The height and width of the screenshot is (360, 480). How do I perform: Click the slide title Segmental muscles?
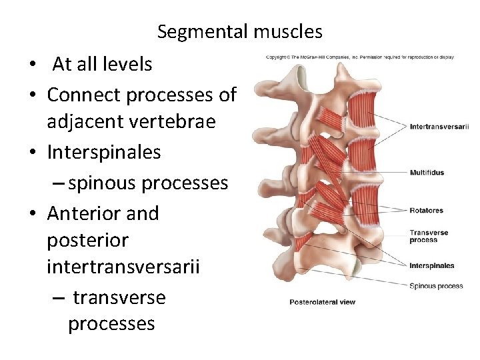(239, 31)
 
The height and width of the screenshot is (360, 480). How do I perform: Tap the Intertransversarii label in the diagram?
(439, 126)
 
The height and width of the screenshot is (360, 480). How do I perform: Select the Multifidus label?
(427, 173)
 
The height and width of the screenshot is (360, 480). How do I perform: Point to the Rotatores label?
(426, 211)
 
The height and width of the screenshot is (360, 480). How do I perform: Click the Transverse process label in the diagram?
(429, 237)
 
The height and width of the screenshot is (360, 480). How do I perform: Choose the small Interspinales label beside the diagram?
(431, 265)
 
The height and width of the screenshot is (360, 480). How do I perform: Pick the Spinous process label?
(436, 286)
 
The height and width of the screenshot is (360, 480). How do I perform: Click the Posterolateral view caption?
(322, 302)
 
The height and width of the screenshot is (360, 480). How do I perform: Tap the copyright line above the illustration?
(359, 57)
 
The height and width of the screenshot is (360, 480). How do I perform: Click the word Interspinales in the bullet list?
(103, 153)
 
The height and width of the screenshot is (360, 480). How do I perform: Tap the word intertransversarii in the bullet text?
(123, 267)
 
